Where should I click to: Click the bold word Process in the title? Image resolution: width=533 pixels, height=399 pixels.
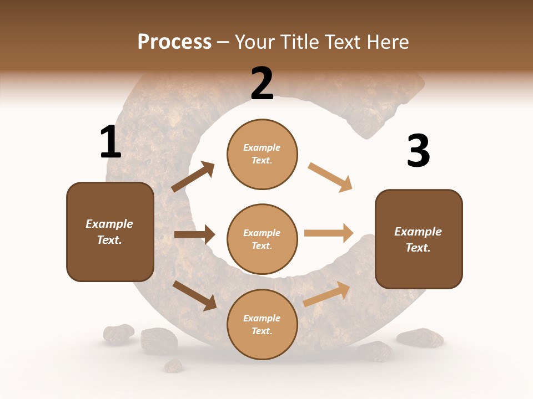(174, 42)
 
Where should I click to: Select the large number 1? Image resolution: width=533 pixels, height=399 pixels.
(110, 142)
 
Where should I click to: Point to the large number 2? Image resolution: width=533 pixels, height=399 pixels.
(262, 84)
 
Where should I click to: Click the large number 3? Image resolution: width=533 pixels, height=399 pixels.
(418, 151)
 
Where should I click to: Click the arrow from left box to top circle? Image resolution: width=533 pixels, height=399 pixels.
(193, 177)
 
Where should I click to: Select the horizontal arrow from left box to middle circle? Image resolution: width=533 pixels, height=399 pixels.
(194, 234)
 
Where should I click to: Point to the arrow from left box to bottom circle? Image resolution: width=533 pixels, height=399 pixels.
(194, 295)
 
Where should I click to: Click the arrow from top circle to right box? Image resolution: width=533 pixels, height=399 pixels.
(330, 177)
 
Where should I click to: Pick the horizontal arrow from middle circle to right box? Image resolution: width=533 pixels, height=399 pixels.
(329, 233)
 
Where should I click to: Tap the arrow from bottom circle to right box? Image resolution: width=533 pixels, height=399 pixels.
(326, 294)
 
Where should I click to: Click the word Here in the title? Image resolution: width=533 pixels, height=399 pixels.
(388, 42)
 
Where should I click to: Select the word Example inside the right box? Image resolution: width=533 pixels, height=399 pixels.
(418, 232)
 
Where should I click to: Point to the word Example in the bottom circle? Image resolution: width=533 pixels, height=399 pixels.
(262, 318)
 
